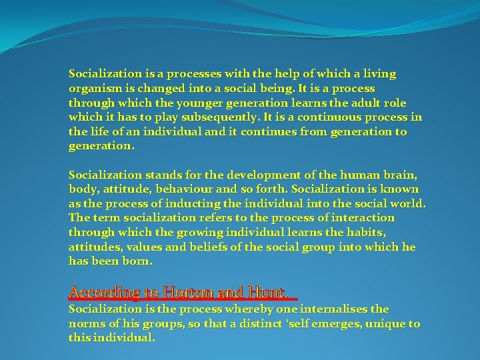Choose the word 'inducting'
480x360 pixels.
191,204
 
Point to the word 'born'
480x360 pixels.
139,262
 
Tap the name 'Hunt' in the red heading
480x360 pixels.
267,292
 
